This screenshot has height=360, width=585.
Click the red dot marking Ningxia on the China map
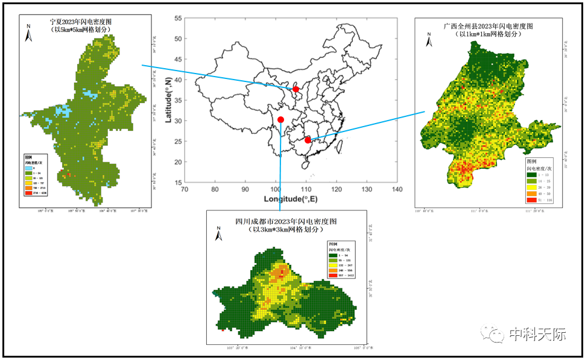click(x=296, y=89)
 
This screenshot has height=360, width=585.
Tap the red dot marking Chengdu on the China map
click(x=280, y=119)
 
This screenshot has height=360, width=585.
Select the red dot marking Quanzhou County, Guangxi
click(x=308, y=140)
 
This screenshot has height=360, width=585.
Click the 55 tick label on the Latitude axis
click(x=178, y=19)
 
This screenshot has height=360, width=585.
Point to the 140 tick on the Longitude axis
click(x=397, y=189)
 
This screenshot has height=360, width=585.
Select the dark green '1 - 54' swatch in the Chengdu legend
click(x=332, y=255)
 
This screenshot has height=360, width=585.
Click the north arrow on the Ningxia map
click(x=28, y=33)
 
